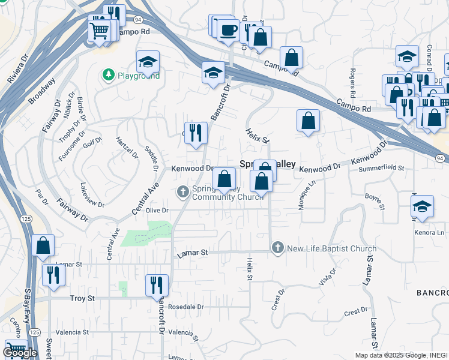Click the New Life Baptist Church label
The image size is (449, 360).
[x=331, y=248]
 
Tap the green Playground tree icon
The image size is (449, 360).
[x=109, y=75]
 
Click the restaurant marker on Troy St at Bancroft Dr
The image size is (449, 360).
[x=157, y=285]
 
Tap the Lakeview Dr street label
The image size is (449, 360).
[x=92, y=196]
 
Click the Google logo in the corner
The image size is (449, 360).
[x=20, y=353]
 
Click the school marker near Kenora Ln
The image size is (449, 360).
[x=423, y=206]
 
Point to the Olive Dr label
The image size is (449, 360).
[x=157, y=211]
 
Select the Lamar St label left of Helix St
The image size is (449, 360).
[x=192, y=253]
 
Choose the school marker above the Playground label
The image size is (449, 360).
[x=148, y=61]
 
